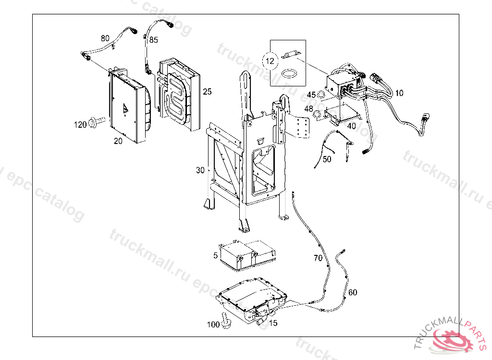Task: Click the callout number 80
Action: coord(105,38)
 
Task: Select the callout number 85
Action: coord(153,40)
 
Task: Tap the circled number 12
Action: coord(270,61)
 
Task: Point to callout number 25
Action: coord(207,92)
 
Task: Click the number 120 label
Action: coord(80,125)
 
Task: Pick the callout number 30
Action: coord(200,170)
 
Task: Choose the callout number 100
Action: coord(213,324)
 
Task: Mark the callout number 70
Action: coord(318,258)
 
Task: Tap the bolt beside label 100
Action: coord(226,321)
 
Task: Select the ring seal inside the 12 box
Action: coord(289,74)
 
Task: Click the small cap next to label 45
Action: coord(321,93)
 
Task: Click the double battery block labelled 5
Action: coord(248,254)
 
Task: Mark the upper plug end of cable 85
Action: coord(170,24)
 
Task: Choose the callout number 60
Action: coord(353,292)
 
